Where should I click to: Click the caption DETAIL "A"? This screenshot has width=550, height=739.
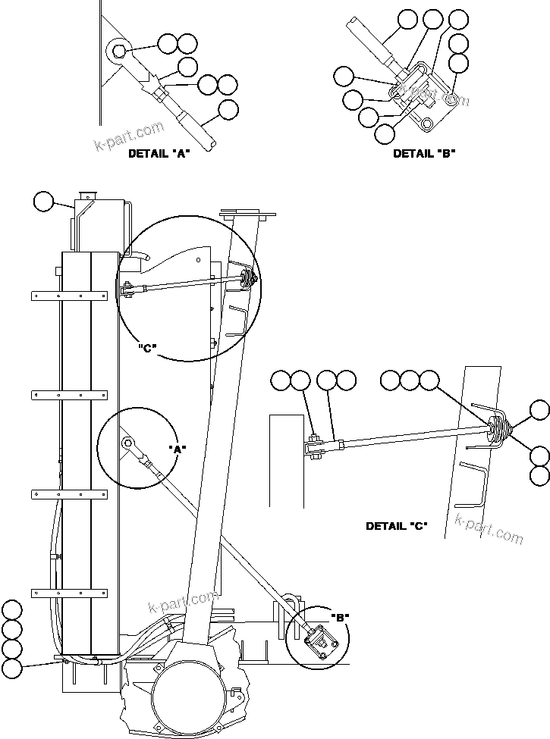[159, 153]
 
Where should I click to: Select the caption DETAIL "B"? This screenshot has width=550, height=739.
[423, 153]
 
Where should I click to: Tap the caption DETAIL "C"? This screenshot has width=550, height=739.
[396, 526]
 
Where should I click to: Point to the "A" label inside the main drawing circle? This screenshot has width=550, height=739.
[178, 449]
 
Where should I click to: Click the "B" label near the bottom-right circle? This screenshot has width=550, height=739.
[340, 618]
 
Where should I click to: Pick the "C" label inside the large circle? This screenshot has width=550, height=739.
[147, 349]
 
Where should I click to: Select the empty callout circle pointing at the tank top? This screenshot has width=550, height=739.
[44, 201]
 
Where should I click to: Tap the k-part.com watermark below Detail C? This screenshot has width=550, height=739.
[489, 528]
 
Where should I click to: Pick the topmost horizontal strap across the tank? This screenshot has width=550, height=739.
[69, 296]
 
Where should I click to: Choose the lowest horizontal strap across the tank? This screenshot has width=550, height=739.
[69, 592]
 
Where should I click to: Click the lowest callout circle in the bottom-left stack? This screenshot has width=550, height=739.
[12, 668]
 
